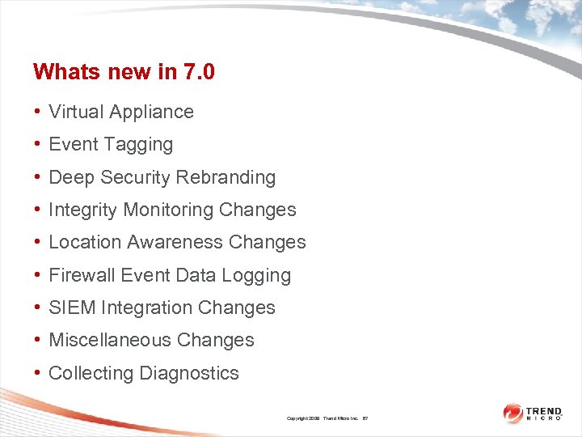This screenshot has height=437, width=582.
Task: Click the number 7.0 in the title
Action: tap(198, 72)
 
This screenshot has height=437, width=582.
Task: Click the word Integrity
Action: tap(83, 210)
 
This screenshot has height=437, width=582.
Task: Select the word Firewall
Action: tap(82, 275)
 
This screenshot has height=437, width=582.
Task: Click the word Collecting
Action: tap(91, 374)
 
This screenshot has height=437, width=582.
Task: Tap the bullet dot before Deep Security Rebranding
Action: tap(38, 177)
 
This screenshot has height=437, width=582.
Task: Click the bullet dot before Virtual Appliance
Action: tap(38, 112)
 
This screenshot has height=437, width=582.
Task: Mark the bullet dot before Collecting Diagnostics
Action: tap(38, 373)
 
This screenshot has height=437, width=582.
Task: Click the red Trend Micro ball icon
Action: tap(513, 414)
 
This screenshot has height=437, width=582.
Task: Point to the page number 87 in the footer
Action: tap(365, 418)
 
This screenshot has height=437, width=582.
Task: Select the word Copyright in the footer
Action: tap(297, 418)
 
